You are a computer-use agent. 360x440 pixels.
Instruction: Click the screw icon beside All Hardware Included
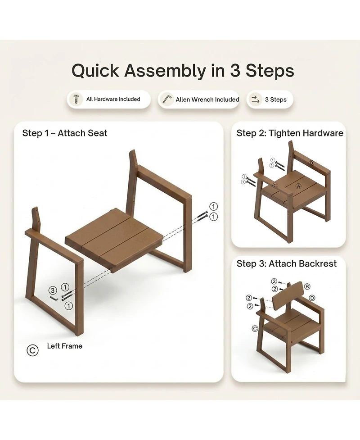pyautogui.click(x=76, y=99)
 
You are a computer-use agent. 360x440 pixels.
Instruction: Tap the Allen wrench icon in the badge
pyautogui.click(x=167, y=100)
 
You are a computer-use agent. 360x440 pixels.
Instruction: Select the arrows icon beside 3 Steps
pyautogui.click(x=256, y=100)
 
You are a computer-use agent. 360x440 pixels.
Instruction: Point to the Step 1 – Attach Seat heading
pyautogui.click(x=65, y=133)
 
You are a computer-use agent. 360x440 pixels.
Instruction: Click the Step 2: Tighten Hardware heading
pyautogui.click(x=290, y=133)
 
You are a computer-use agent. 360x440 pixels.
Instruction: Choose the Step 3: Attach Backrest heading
pyautogui.click(x=287, y=263)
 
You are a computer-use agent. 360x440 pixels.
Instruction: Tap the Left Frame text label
pyautogui.click(x=65, y=346)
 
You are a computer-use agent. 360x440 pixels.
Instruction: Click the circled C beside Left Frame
pyautogui.click(x=32, y=350)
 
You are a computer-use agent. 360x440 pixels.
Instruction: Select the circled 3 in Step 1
pyautogui.click(x=53, y=290)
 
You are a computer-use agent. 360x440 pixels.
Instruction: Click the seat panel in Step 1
pyautogui.click(x=114, y=240)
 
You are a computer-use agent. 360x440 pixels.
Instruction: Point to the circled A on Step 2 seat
pyautogui.click(x=298, y=186)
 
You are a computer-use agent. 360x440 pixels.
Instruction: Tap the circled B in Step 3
pyautogui.click(x=307, y=286)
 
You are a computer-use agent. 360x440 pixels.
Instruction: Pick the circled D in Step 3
pyautogui.click(x=312, y=298)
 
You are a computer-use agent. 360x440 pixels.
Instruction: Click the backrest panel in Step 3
pyautogui.click(x=288, y=296)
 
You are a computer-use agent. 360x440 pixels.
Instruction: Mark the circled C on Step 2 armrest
pyautogui.click(x=275, y=186)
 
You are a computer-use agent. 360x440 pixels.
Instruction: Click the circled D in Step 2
pyautogui.click(x=311, y=163)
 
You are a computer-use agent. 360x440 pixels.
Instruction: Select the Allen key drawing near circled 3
pyautogui.click(x=54, y=298)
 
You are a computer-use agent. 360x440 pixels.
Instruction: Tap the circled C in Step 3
pyautogui.click(x=255, y=328)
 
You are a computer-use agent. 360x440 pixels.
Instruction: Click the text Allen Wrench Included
pyautogui.click(x=207, y=100)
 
